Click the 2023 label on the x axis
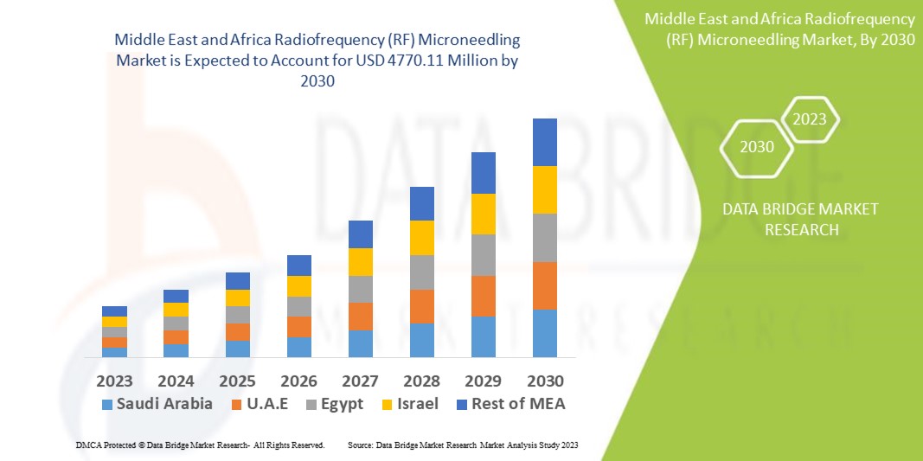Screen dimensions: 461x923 pos(114,381)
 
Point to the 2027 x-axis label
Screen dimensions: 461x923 pos(360,381)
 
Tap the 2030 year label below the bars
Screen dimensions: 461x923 pos(545,381)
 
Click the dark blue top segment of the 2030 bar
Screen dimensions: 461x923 pos(544,142)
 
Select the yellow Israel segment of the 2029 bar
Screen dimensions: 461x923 pos(483,214)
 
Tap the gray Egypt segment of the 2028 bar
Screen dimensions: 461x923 pos(421,272)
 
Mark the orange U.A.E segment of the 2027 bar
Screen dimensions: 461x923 pos(360,316)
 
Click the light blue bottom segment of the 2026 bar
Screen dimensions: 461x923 pos(298,347)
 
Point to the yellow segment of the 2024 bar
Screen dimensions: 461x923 pos(176,310)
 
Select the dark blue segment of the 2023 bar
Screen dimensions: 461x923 pos(114,311)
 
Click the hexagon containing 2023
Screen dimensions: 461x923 pos(810,119)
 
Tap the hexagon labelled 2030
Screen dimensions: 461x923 pos(757,147)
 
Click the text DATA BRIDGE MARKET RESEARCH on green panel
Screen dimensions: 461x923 pos(787,220)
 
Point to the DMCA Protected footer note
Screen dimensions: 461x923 pos(199,445)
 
